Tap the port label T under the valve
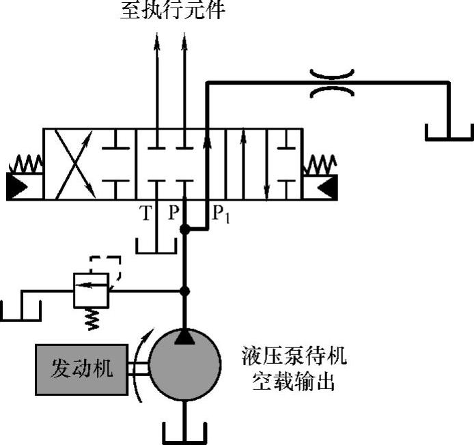tap(145, 214)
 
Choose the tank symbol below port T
tap(156, 245)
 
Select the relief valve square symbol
tap(92, 291)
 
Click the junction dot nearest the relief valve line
tap(184, 291)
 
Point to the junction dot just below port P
tap(184, 231)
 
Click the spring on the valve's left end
tap(25, 164)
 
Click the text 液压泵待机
tap(294, 356)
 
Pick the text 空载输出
tap(294, 381)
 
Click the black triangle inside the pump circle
tap(184, 335)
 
